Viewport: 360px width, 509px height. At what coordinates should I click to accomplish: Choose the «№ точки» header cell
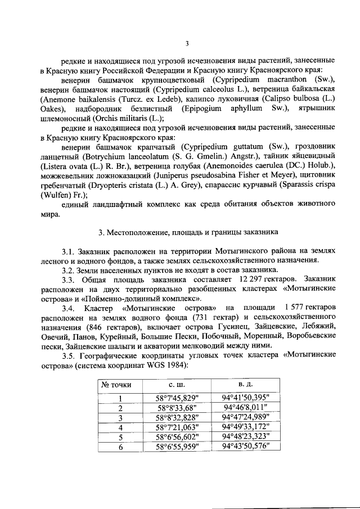[x=116, y=385]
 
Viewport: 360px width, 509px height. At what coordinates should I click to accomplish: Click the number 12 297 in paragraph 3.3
[x=255, y=280]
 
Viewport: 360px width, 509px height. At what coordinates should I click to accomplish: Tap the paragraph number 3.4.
[x=69, y=308]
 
